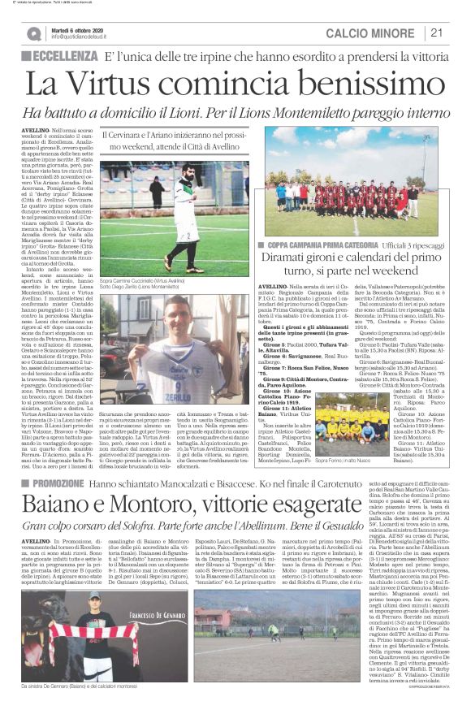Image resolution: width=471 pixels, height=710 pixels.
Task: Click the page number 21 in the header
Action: click(437, 32)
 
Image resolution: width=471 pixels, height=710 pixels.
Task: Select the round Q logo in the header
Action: click(34, 33)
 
